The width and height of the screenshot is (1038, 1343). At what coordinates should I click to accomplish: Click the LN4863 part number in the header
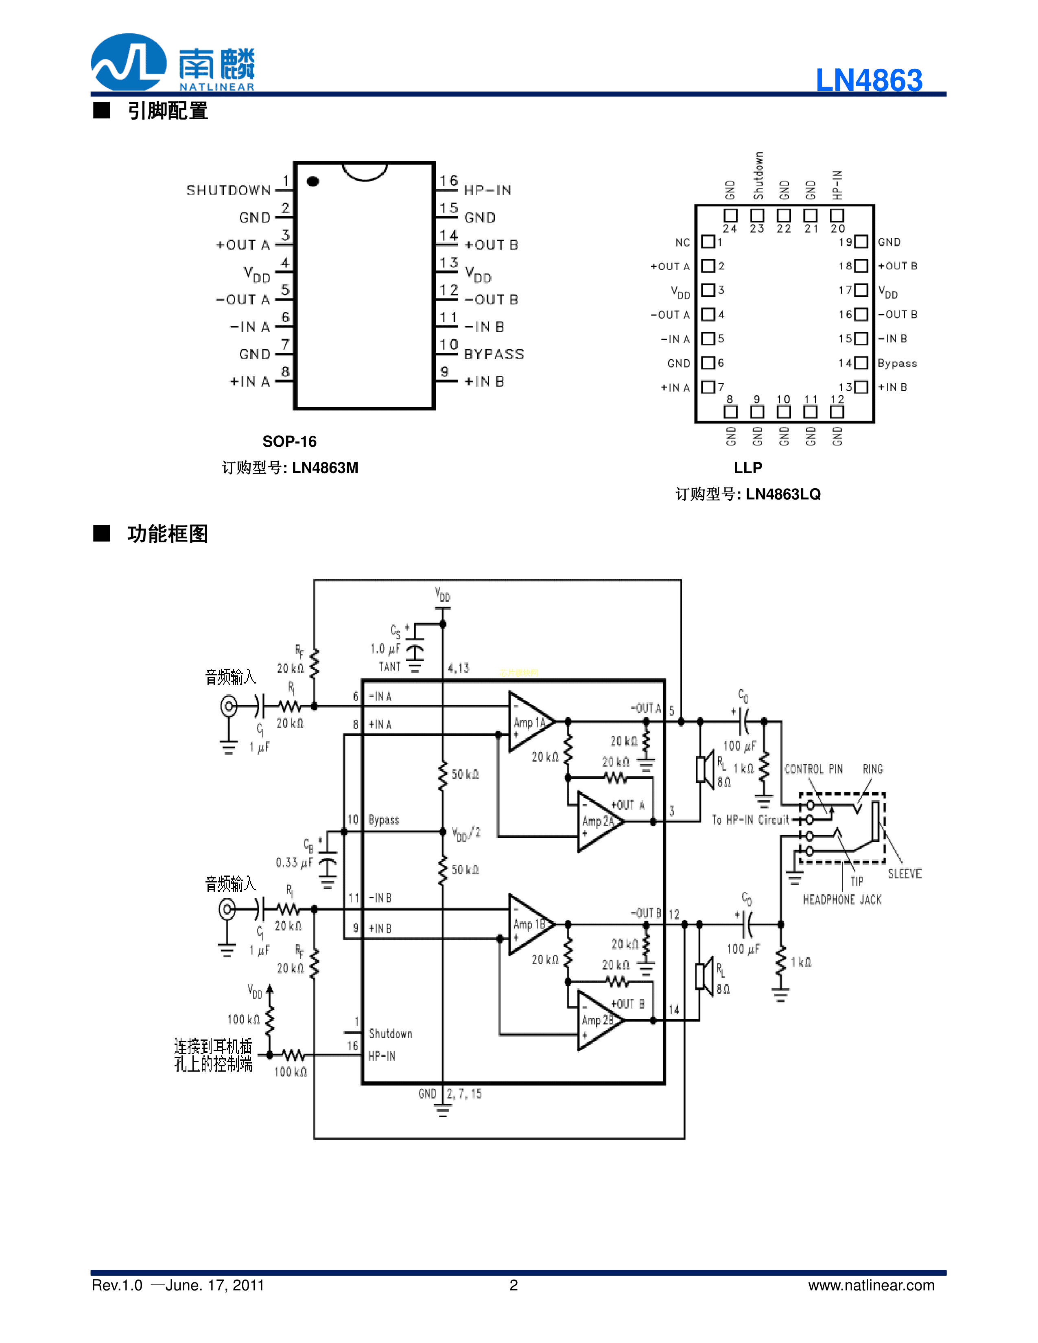868,80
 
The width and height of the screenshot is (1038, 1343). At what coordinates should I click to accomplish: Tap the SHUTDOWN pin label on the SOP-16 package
228,190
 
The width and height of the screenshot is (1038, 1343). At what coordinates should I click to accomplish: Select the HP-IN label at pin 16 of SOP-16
487,190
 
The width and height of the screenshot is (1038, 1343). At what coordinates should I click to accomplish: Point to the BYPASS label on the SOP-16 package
493,354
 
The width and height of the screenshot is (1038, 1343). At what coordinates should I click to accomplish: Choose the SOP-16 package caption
289,441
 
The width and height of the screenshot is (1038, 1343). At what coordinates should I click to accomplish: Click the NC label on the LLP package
682,242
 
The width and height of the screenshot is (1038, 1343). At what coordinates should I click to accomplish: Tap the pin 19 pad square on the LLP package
861,242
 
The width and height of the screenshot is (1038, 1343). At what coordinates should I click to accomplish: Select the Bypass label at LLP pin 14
896,363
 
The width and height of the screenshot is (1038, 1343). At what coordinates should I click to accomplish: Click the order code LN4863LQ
783,494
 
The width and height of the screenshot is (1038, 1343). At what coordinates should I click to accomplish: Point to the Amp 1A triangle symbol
529,722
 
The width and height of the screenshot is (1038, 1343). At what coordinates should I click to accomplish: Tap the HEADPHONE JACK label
842,900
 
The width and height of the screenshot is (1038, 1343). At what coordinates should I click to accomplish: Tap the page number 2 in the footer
514,1285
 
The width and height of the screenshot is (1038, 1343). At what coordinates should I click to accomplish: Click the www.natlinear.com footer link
871,1285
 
